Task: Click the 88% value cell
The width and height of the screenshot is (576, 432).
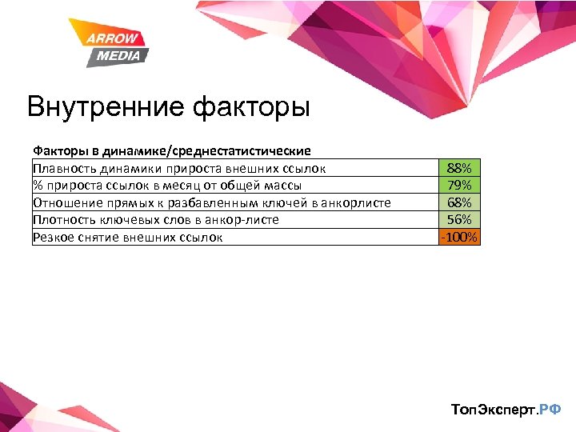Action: tap(459, 168)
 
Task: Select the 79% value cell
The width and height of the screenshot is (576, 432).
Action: tap(459, 186)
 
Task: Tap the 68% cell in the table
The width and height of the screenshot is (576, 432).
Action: tap(459, 202)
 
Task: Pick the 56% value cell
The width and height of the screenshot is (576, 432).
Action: tap(459, 219)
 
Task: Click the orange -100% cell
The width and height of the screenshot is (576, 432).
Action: tap(459, 237)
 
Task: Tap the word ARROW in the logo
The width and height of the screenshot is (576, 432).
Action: tap(113, 39)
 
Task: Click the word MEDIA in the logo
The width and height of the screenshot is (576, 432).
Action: tap(118, 55)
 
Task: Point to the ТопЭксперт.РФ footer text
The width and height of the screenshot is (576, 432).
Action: tap(506, 410)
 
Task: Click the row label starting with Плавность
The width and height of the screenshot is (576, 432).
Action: tap(179, 168)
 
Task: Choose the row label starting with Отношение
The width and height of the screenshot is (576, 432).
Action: tap(211, 202)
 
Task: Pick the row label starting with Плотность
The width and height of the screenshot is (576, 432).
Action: tap(155, 219)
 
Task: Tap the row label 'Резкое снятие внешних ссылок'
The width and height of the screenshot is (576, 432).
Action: tap(127, 237)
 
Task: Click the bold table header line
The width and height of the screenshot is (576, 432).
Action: tap(171, 150)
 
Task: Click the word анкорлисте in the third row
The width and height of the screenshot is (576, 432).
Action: tap(355, 202)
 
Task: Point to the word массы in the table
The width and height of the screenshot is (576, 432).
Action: tap(281, 186)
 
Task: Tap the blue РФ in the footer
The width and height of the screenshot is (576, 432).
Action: tap(550, 410)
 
